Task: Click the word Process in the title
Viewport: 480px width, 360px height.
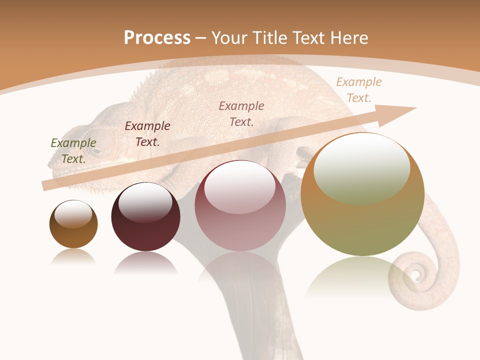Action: (157, 37)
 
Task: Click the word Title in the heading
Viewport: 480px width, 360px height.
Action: (271, 37)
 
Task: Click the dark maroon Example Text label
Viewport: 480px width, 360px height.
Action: (147, 134)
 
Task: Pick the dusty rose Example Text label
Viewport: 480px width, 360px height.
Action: (241, 113)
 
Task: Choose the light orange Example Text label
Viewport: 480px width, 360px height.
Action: (359, 90)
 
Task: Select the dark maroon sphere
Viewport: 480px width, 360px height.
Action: (145, 217)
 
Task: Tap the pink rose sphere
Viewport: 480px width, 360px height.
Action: (240, 206)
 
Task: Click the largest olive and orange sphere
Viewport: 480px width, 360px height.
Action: (362, 195)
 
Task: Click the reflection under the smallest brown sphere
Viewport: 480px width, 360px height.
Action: (73, 256)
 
